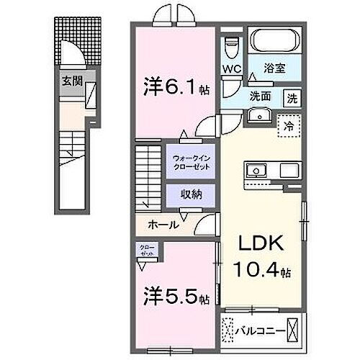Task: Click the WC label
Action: [x=232, y=68]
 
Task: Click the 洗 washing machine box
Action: [x=292, y=96]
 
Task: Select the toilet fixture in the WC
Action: [x=231, y=46]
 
